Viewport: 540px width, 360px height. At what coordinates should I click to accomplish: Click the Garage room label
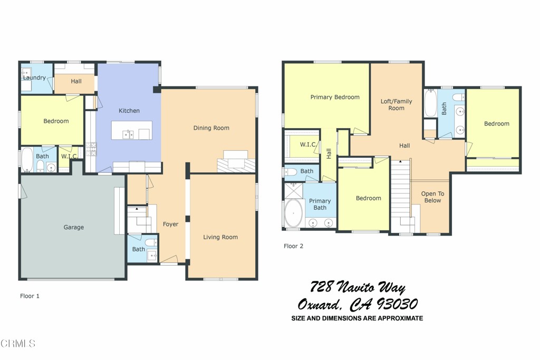[x=74, y=227]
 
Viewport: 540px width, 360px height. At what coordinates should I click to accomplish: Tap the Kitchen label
[x=129, y=111]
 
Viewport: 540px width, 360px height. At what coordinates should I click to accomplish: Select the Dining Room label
[x=211, y=128]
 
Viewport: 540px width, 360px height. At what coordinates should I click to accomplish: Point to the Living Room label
[x=220, y=237]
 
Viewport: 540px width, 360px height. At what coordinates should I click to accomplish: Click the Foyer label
[x=170, y=224]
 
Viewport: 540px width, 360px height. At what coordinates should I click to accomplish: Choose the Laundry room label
[x=34, y=78]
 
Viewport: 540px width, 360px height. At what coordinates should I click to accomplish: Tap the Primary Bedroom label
[x=335, y=97]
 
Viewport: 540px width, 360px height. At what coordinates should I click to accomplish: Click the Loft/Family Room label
[x=396, y=104]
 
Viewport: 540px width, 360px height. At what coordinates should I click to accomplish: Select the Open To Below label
[x=432, y=197]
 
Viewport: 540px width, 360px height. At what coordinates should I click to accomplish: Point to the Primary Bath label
[x=320, y=204]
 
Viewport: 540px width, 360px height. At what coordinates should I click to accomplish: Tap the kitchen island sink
[x=128, y=135]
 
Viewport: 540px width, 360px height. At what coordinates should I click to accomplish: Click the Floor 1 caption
[x=30, y=296]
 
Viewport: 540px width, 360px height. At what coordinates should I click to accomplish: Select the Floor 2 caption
[x=293, y=246]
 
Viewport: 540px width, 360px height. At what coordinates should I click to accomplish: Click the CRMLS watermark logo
[x=18, y=344]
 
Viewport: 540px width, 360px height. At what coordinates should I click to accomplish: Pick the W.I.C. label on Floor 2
[x=308, y=144]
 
